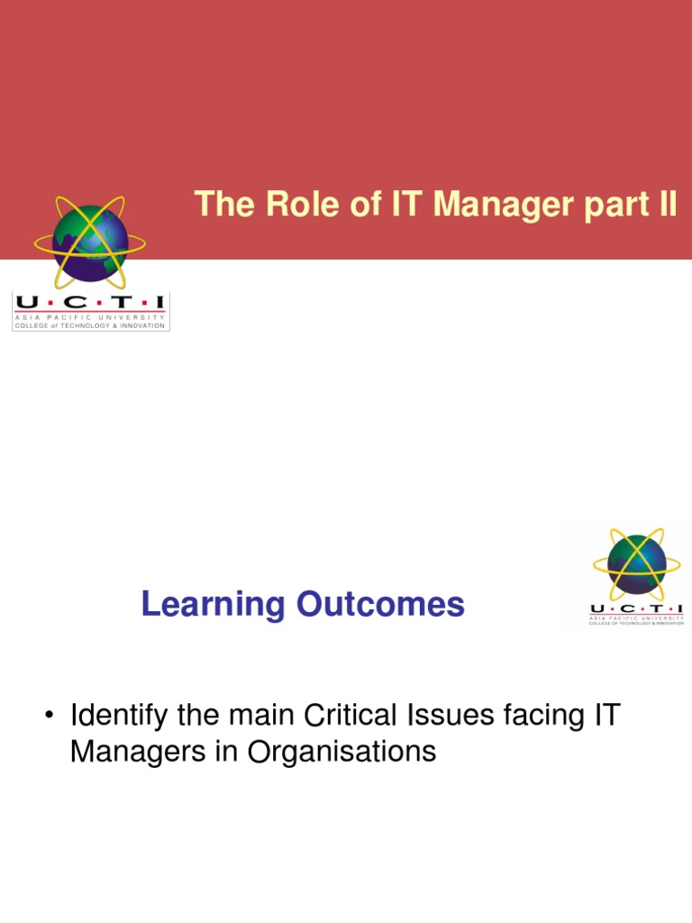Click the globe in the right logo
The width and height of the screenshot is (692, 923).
pyautogui.click(x=636, y=563)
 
